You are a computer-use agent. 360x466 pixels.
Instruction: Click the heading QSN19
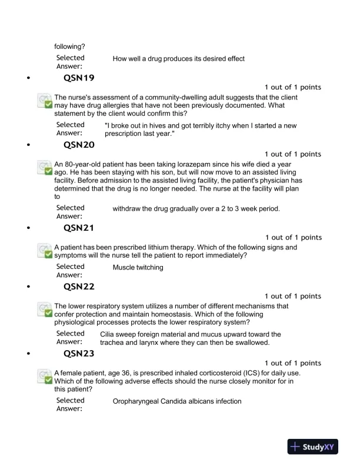click(79, 77)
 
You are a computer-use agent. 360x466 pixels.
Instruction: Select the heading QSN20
click(79, 144)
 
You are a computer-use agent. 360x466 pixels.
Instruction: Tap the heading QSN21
click(79, 227)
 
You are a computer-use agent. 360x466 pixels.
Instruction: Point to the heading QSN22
click(79, 287)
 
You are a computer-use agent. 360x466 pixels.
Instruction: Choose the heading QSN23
click(79, 354)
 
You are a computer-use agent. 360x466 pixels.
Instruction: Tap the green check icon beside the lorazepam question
click(45, 168)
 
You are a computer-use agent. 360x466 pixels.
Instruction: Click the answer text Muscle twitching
click(138, 268)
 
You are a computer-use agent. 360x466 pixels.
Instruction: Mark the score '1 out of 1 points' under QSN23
click(293, 363)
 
